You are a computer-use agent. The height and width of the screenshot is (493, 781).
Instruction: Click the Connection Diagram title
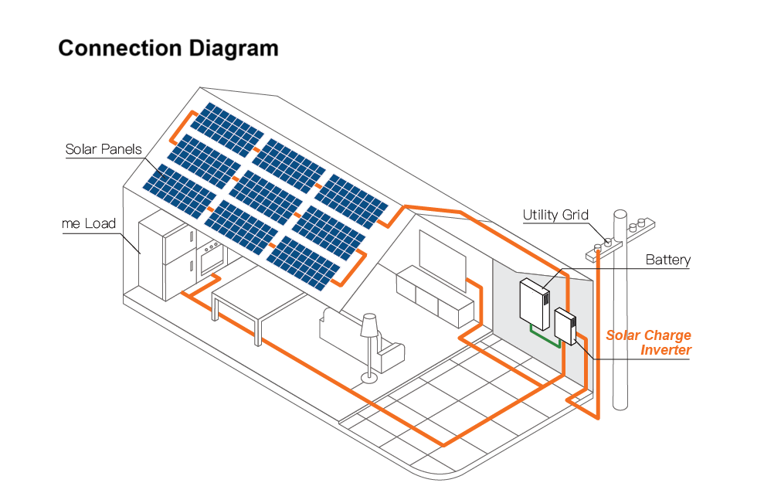tap(168, 48)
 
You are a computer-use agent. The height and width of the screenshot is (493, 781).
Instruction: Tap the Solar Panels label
tap(104, 149)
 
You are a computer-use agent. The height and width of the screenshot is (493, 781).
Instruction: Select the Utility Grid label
tap(555, 215)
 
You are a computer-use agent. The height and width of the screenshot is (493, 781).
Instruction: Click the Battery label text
tap(667, 260)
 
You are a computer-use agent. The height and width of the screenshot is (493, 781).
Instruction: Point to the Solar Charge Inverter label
tap(648, 343)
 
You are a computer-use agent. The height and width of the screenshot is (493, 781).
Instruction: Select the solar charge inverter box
tap(565, 325)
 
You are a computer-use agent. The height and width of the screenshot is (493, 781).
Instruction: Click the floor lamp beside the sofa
tap(369, 340)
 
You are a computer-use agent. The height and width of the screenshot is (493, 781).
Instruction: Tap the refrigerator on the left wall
tap(165, 260)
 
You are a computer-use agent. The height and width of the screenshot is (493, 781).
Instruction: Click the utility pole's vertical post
tap(620, 325)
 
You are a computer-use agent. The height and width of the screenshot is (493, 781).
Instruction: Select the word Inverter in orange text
tap(666, 350)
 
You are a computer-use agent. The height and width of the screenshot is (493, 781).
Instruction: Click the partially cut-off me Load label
tap(88, 224)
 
